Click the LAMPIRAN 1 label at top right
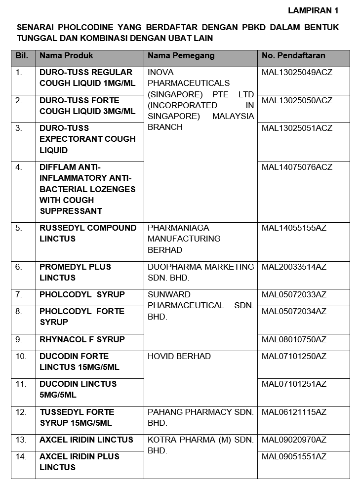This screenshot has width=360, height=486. [x=313, y=10]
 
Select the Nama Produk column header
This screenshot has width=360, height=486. [x=66, y=56]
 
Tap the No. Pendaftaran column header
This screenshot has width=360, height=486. [x=293, y=56]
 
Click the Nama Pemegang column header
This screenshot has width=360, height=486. [x=181, y=56]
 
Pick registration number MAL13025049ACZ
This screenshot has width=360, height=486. [x=297, y=73]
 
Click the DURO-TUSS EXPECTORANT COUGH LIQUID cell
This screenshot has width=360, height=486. [x=87, y=139]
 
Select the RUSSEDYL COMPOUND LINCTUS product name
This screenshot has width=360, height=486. [x=88, y=233]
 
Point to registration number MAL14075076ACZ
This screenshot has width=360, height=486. [x=297, y=167]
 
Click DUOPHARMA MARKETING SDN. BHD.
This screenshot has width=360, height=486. [x=200, y=272]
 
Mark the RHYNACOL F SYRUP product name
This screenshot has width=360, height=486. [x=82, y=339]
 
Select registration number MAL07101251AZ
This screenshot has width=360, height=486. [x=294, y=384]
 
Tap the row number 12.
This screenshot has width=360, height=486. [x=21, y=412]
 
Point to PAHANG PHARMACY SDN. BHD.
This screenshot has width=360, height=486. [x=200, y=417]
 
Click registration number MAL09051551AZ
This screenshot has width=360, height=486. [x=294, y=456]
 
